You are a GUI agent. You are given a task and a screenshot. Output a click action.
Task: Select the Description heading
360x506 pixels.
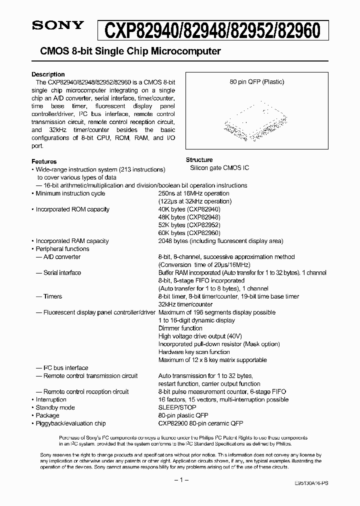click(48, 74)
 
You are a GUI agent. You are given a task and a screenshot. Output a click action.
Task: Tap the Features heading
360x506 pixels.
click(44, 161)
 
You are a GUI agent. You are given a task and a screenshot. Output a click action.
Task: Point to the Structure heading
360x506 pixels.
click(199, 160)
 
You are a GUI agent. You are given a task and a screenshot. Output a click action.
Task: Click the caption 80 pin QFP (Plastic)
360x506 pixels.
click(256, 81)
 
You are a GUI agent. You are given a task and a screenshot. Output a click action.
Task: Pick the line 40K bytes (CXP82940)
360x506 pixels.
click(189, 209)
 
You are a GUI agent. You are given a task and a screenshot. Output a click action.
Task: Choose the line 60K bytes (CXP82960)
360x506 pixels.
click(189, 233)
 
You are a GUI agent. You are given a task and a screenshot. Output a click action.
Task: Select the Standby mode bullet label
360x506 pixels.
click(55, 407)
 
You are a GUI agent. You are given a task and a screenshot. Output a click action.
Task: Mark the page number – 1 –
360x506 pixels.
click(180, 480)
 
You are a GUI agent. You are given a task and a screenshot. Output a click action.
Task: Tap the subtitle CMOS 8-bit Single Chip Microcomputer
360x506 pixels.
click(126, 51)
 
